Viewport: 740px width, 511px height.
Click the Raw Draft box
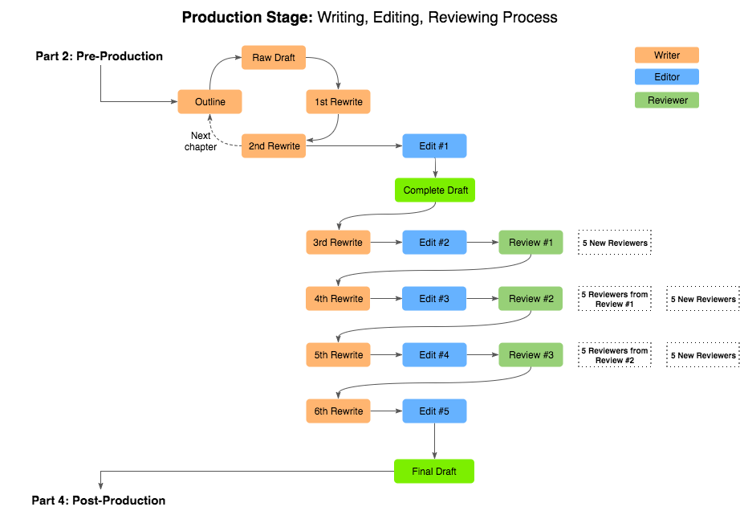click(274, 58)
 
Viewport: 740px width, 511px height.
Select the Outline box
click(209, 102)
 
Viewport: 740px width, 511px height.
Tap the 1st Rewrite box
click(338, 102)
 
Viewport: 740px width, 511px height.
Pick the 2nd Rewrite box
click(274, 146)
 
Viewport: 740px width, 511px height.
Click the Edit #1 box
click(434, 146)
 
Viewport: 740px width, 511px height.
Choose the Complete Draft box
click(434, 190)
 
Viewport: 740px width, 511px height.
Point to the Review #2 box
click(531, 299)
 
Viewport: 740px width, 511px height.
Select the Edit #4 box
click(434, 355)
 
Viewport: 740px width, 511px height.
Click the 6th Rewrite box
click(338, 411)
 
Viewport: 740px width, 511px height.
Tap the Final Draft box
click(434, 472)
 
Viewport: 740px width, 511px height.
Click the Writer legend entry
click(666, 55)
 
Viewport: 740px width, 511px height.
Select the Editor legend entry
click(666, 77)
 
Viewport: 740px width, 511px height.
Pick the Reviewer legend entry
click(666, 100)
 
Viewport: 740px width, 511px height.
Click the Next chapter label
click(201, 141)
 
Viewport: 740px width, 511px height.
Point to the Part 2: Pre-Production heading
click(100, 56)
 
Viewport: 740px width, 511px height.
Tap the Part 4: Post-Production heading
click(99, 501)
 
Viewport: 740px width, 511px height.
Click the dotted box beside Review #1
click(615, 243)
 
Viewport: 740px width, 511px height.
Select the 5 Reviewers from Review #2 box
click(615, 355)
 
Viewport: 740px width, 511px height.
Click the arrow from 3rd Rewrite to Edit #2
click(386, 243)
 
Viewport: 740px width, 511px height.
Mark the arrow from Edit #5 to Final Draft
click(434, 441)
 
